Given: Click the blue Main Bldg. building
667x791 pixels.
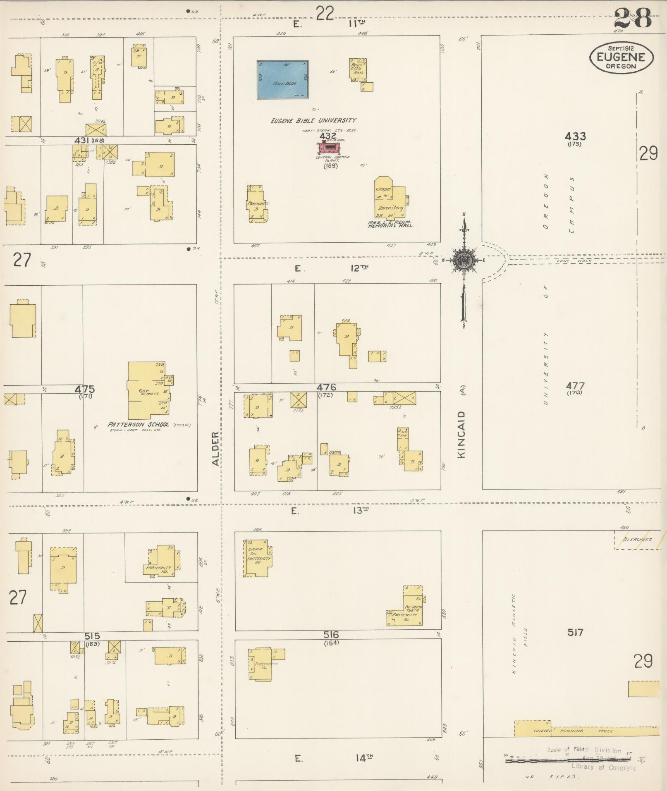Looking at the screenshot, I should (x=282, y=79).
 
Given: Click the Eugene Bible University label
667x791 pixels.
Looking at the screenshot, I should (x=313, y=121).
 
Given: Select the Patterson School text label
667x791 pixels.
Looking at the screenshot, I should (x=139, y=425).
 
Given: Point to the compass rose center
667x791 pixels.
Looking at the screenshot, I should (x=464, y=260).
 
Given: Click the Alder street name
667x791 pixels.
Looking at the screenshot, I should (x=215, y=449).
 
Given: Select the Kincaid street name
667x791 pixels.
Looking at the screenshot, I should (x=461, y=434).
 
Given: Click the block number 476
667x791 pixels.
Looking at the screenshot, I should (x=327, y=387).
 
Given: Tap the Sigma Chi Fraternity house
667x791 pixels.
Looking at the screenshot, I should (x=258, y=558).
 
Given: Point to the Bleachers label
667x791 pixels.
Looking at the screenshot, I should (x=638, y=540).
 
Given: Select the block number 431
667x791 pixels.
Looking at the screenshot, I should (x=81, y=141).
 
